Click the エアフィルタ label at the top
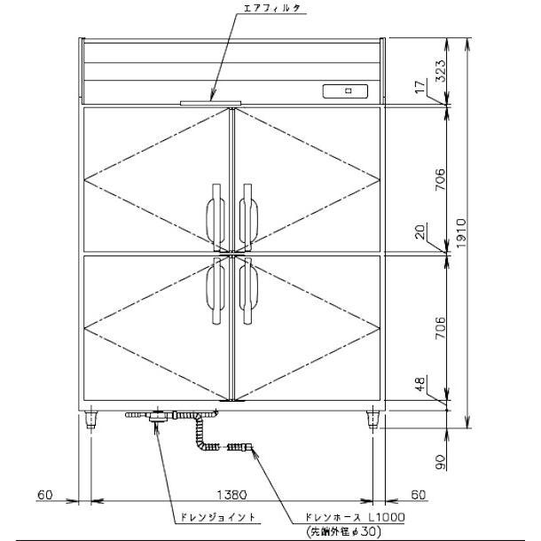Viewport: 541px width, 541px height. tap(271, 9)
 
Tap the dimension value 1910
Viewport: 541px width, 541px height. tap(461, 233)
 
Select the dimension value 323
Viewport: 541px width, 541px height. tap(440, 71)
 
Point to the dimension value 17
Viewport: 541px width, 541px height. tap(419, 87)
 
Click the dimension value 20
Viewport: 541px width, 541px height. tap(419, 231)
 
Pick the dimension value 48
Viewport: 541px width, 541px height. tap(419, 383)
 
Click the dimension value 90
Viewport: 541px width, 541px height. tap(440, 462)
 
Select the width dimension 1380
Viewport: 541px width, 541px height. tap(231, 495)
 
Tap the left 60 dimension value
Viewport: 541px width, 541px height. tap(45, 495)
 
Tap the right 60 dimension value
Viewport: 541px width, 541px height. tap(419, 495)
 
